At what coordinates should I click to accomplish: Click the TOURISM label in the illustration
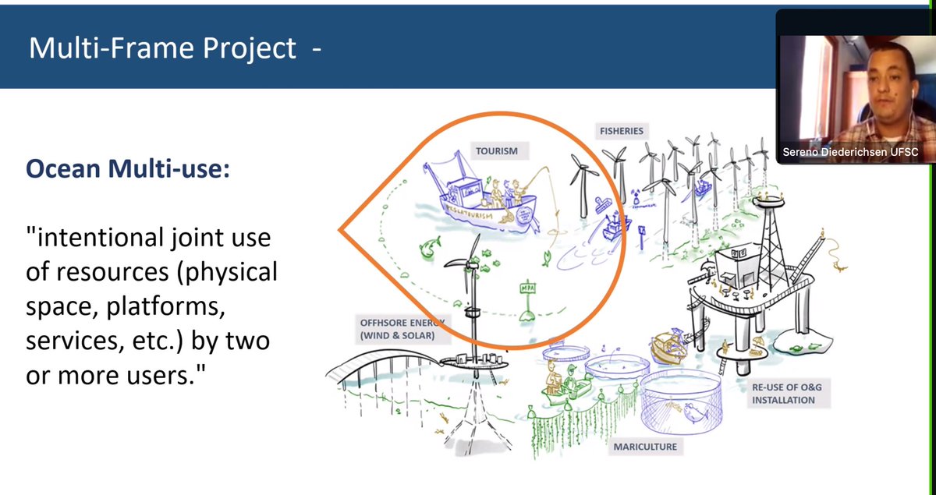497,150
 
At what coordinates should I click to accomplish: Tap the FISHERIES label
621,131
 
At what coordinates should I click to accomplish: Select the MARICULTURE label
644,447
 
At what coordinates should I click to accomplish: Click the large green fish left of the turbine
428,250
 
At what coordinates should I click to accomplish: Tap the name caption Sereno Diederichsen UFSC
854,153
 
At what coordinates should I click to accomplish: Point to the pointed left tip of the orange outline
340,230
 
